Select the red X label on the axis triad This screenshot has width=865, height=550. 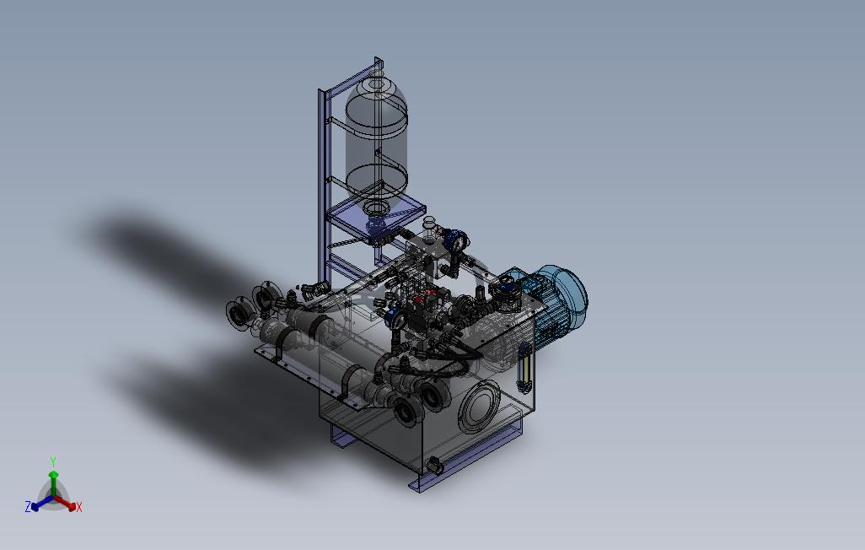(79, 507)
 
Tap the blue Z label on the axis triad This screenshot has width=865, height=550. (28, 506)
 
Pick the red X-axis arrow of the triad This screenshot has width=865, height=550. (65, 503)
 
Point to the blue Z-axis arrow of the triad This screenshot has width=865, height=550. (42, 503)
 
